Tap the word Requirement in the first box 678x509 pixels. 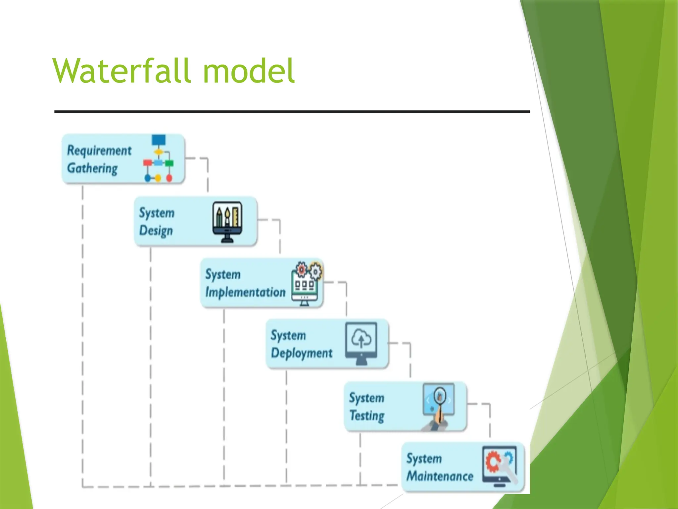tap(99, 150)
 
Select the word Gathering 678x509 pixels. tap(92, 168)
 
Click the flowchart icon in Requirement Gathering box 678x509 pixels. tap(158, 159)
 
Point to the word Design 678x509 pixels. tap(156, 231)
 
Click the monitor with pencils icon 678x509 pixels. tap(227, 221)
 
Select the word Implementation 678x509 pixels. tap(245, 292)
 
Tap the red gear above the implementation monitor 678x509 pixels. tap(301, 269)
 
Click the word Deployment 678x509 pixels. tap(302, 353)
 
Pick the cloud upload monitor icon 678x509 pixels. tap(361, 343)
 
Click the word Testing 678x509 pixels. tap(367, 416)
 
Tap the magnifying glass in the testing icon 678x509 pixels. tap(440, 396)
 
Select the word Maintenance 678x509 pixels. tap(440, 476)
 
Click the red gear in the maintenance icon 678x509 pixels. tap(493, 461)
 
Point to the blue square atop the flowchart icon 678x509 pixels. tap(159, 140)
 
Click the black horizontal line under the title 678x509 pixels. tap(291, 112)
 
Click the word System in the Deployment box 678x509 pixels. tap(288, 335)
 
